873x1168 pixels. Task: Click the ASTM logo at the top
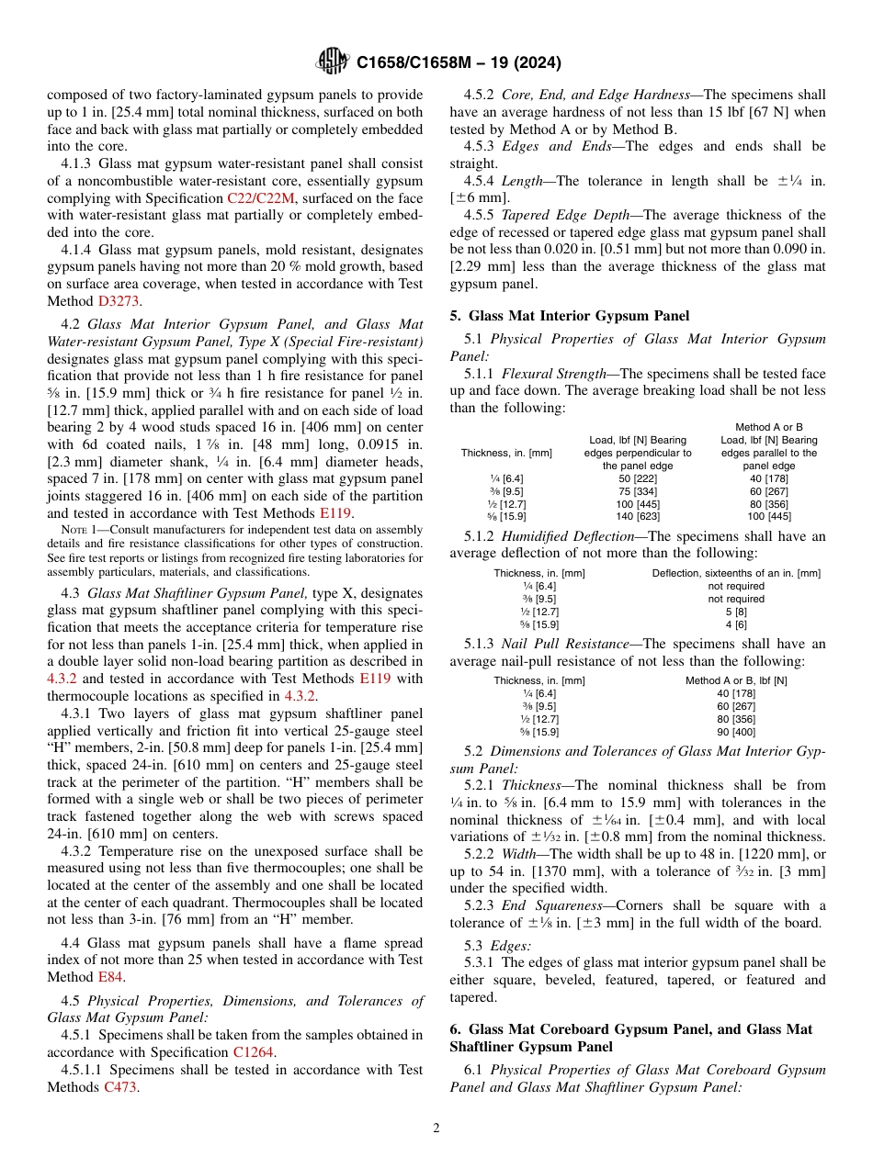[332, 62]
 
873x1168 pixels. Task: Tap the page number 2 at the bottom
[436, 1128]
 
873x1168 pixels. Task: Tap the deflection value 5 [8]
[735, 611]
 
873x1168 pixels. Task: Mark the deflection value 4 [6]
[735, 623]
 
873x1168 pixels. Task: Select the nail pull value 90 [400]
[735, 732]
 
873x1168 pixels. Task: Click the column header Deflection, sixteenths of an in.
[735, 573]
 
